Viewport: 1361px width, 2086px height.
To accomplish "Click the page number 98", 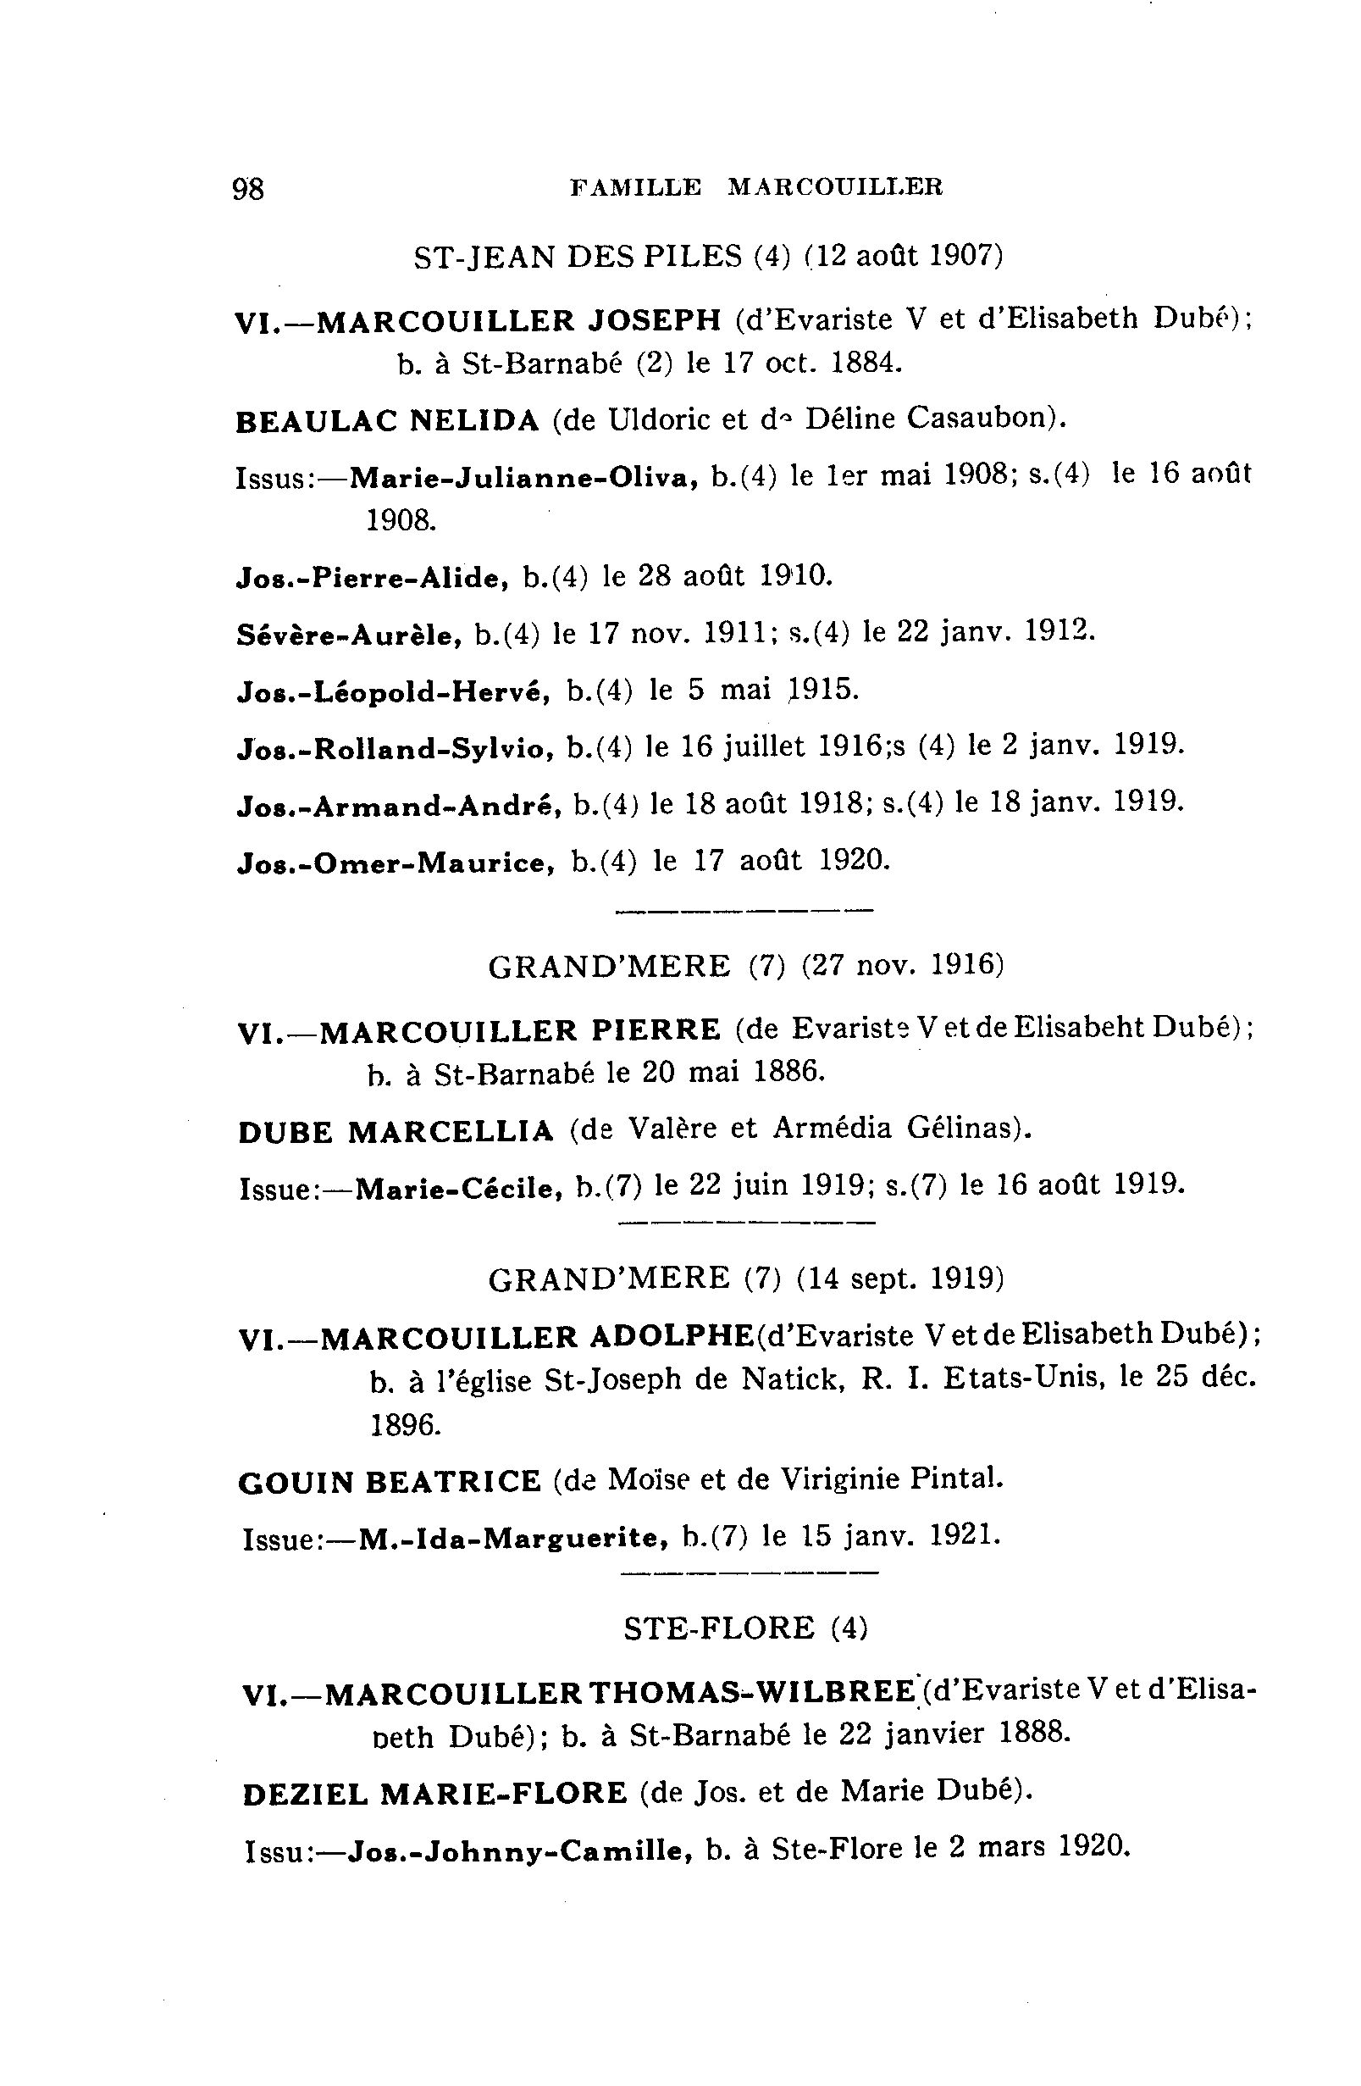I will pos(248,188).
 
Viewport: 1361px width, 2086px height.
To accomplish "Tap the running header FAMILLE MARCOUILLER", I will pos(755,186).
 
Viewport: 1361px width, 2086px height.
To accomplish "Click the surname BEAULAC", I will pos(316,422).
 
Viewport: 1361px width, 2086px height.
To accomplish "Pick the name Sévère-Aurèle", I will pos(349,635).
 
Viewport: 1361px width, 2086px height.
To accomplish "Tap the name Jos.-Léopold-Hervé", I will pos(394,692).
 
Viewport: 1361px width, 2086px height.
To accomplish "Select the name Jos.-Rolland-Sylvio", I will pos(396,748).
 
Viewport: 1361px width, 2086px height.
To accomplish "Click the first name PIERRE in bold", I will pos(656,1029).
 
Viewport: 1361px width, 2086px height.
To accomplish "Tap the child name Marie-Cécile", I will pos(459,1189).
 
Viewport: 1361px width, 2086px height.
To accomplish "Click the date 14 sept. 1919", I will pos(900,1279).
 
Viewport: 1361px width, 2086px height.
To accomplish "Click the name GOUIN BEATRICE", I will pos(390,1482).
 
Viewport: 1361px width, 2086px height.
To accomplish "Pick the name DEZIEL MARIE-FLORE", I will pos(434,1795).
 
